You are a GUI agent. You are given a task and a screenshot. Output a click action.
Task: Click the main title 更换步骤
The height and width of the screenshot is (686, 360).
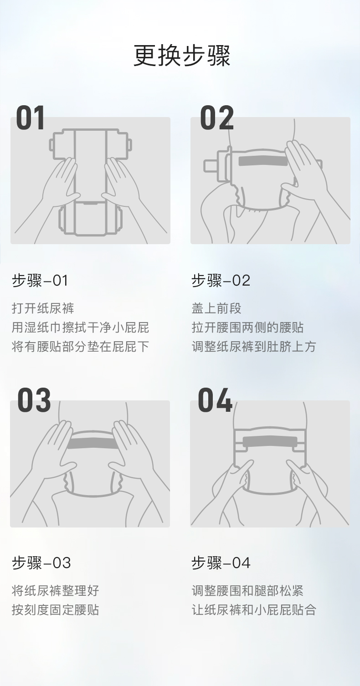pos(182,56)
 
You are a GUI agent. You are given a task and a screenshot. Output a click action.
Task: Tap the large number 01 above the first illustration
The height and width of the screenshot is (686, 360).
pos(31,118)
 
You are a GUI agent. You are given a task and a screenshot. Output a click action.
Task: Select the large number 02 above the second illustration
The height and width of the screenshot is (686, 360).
pos(217,118)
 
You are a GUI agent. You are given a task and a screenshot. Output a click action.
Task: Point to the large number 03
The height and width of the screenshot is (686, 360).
pos(34,400)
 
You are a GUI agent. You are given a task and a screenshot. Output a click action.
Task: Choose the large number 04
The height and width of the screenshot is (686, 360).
pos(215,400)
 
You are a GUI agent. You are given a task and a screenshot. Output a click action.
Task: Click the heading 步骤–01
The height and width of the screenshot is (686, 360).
pos(40,280)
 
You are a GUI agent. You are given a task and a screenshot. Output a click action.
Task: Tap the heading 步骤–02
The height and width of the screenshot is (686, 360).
pos(221,280)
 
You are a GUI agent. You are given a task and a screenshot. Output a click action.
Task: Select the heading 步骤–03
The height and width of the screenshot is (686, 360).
pos(41,563)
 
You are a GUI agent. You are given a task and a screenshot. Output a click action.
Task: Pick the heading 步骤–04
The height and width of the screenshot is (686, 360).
pos(221,563)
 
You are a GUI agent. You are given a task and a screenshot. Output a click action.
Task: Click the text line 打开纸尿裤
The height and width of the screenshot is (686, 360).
pos(43,308)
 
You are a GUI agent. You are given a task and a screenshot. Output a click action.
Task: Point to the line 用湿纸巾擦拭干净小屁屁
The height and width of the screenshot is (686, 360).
pos(80,328)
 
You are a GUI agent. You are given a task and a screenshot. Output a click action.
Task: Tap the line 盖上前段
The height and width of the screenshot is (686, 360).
pos(216,308)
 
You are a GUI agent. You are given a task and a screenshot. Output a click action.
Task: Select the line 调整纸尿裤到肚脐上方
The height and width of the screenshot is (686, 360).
pos(254,347)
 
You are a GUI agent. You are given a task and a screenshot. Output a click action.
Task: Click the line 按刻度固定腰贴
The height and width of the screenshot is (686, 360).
pos(56,610)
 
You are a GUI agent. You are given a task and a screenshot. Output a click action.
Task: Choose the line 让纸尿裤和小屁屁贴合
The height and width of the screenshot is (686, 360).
pos(254,610)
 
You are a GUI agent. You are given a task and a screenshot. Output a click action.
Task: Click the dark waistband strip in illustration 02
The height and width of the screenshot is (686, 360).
pos(263,161)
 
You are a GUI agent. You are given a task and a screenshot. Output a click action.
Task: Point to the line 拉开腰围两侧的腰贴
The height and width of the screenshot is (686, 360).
pos(247,328)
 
